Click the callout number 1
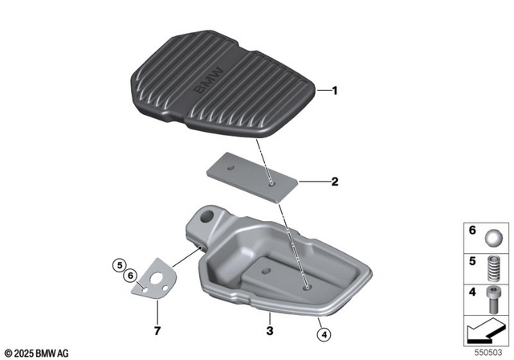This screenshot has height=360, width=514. pos(336,92)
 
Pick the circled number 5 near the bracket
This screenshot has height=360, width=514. pos(119,264)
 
